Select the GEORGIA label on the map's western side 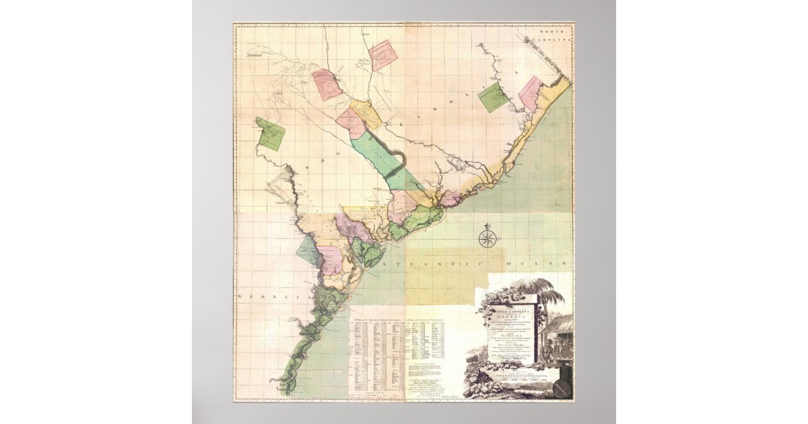(265, 297)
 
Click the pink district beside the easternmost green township (531, 94)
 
